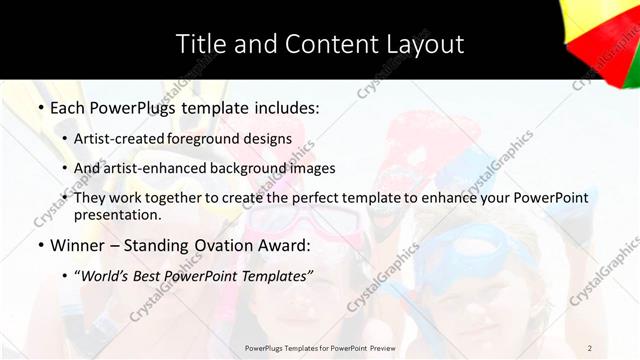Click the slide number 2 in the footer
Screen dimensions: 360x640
[589, 347]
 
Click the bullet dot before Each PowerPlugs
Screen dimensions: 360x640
[40, 106]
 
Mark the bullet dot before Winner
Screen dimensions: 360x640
[40, 246]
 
